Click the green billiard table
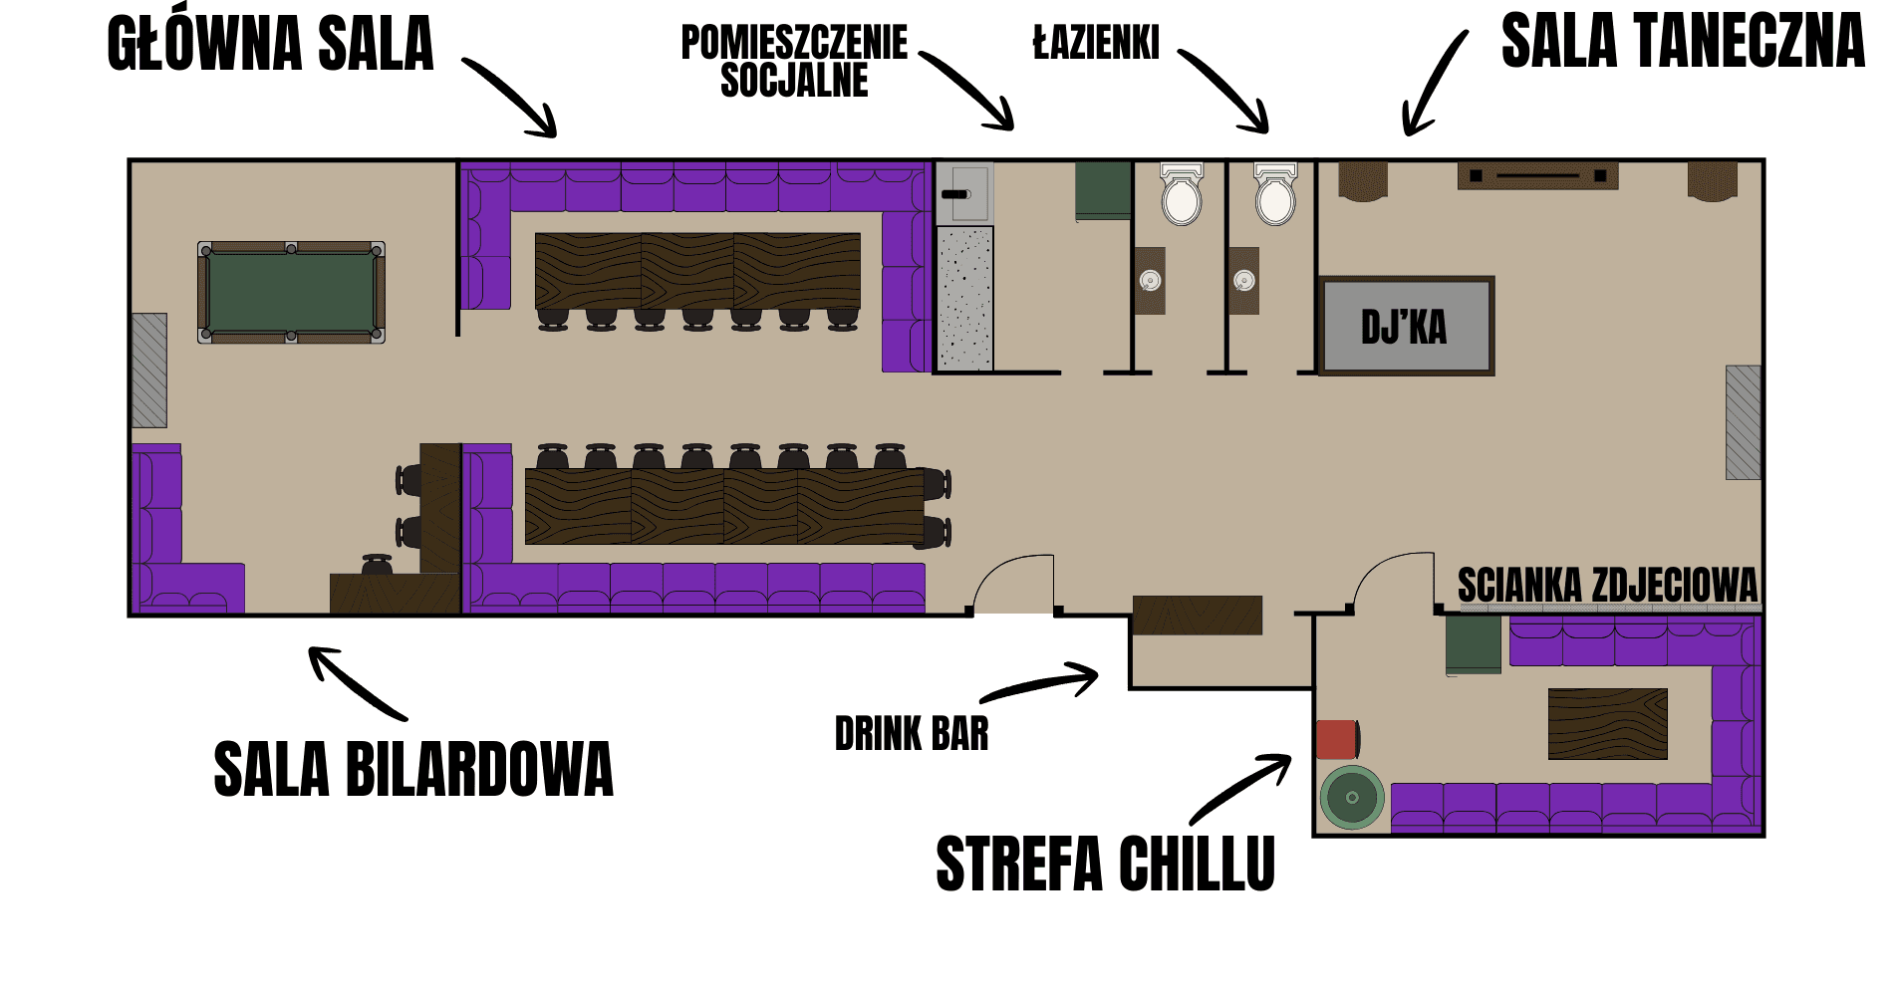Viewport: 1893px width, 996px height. [291, 293]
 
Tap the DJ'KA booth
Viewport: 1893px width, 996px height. [1406, 326]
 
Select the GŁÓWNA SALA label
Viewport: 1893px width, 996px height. [270, 45]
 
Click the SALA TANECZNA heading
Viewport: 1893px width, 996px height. [1682, 42]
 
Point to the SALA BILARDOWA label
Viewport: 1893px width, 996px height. [413, 769]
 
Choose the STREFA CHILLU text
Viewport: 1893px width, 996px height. [1105, 864]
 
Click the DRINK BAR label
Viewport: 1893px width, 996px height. [912, 734]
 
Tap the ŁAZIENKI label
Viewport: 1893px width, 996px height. [1096, 44]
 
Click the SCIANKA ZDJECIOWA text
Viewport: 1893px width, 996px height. [1607, 586]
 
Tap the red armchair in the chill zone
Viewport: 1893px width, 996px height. [1337, 739]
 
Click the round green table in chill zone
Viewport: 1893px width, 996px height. [1352, 797]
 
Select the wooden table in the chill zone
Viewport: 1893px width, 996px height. [1607, 724]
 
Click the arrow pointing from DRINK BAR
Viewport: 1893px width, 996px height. [1041, 684]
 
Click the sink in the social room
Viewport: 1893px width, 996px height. [963, 193]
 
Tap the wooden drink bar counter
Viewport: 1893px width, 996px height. [1197, 615]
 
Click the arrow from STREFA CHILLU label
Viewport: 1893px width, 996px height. [1240, 787]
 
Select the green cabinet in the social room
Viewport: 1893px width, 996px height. [1103, 189]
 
